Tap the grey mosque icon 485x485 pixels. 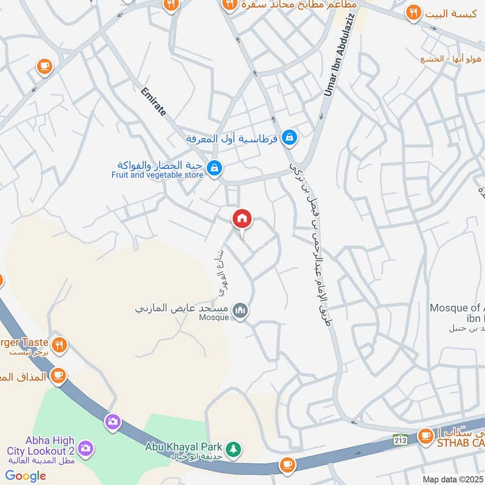click(241, 310)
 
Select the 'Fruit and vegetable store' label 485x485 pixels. click(157, 175)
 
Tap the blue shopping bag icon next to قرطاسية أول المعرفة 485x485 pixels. click(290, 138)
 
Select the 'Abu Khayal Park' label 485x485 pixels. click(183, 447)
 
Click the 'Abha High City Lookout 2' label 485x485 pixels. click(41, 446)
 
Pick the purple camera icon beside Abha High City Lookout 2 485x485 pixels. click(86, 448)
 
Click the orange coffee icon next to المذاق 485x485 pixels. click(58, 376)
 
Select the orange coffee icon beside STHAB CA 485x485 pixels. click(426, 435)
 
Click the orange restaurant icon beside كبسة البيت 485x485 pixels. click(413, 12)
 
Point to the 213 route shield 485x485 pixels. click(400, 438)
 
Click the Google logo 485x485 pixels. click(26, 476)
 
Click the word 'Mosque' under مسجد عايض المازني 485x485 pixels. click(213, 317)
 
